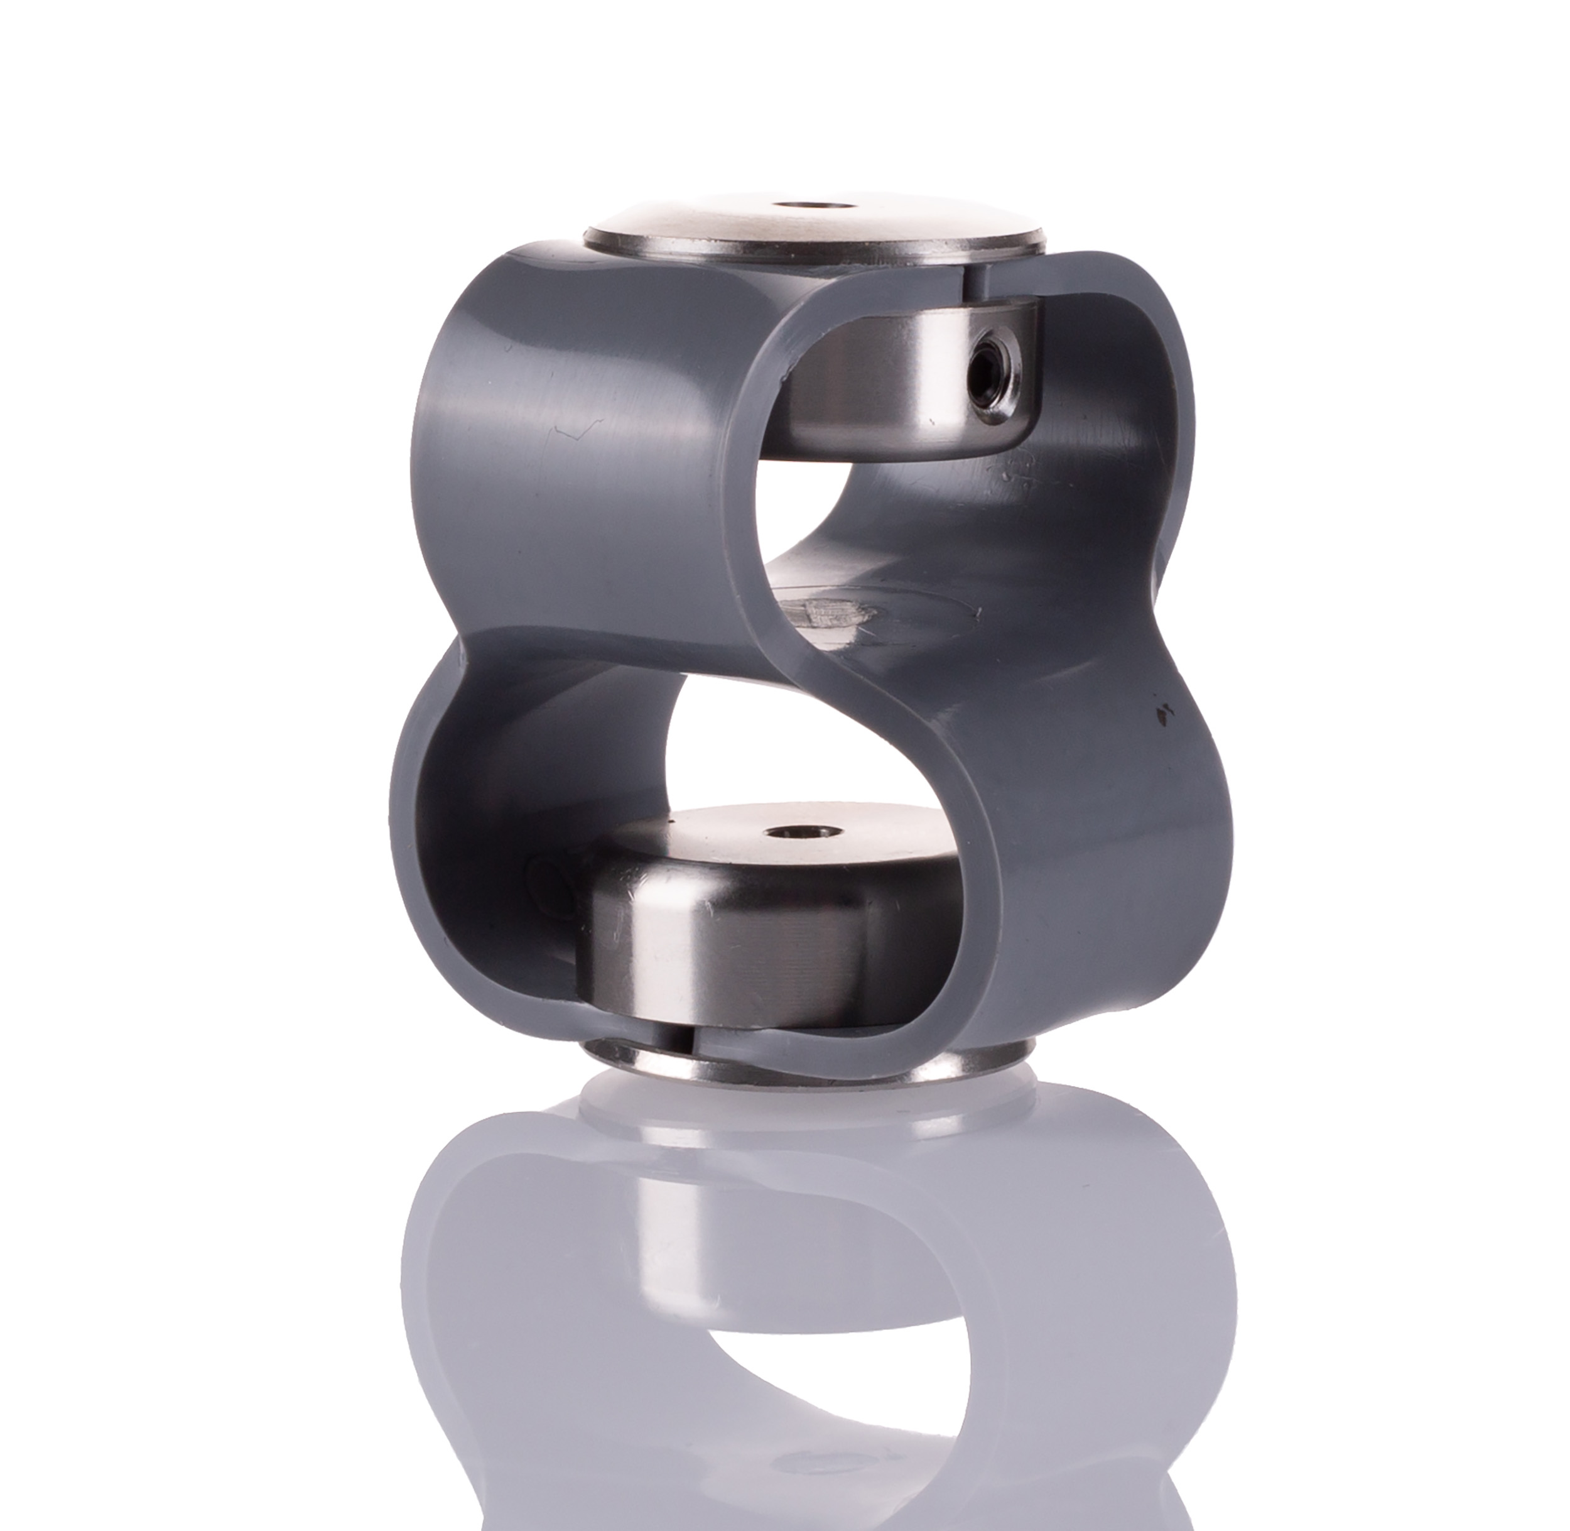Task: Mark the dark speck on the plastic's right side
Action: point(1163,710)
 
